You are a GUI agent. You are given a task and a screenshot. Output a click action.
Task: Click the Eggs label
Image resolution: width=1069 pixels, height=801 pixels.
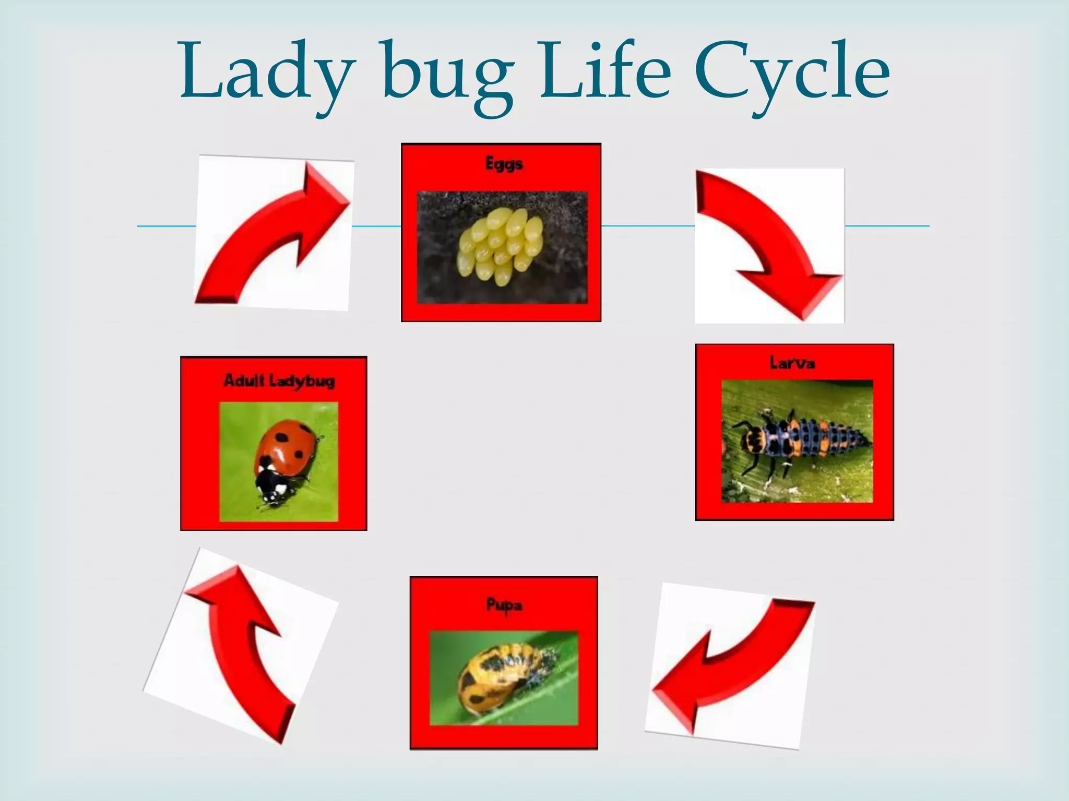coord(504,164)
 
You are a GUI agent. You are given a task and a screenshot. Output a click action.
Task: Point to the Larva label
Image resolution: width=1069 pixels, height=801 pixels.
coord(792,362)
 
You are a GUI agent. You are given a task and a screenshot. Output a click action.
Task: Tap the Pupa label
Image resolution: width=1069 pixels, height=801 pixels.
coord(504,605)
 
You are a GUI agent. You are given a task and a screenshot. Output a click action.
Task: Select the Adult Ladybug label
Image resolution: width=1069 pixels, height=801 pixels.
coord(279,380)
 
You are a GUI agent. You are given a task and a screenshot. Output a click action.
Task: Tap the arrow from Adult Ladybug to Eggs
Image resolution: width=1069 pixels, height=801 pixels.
coord(271,229)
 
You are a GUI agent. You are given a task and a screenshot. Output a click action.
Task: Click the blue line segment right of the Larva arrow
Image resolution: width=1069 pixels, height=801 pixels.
coord(887,226)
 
